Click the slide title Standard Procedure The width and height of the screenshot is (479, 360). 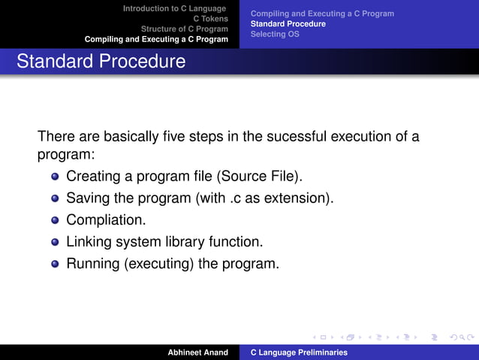[101, 62]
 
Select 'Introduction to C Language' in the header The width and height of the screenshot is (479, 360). [174, 8]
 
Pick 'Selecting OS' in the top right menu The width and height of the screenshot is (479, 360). [274, 34]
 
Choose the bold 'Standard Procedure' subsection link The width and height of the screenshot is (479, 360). [288, 24]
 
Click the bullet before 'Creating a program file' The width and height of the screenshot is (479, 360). [55, 177]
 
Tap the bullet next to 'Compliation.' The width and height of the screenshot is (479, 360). [55, 221]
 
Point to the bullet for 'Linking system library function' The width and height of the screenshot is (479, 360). [55, 243]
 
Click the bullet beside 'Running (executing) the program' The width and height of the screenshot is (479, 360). [55, 265]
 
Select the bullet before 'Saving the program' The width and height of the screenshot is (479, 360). [55, 199]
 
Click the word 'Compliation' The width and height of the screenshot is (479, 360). [104, 221]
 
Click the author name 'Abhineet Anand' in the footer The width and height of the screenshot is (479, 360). [197, 352]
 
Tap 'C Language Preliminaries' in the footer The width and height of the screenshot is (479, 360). [298, 352]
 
